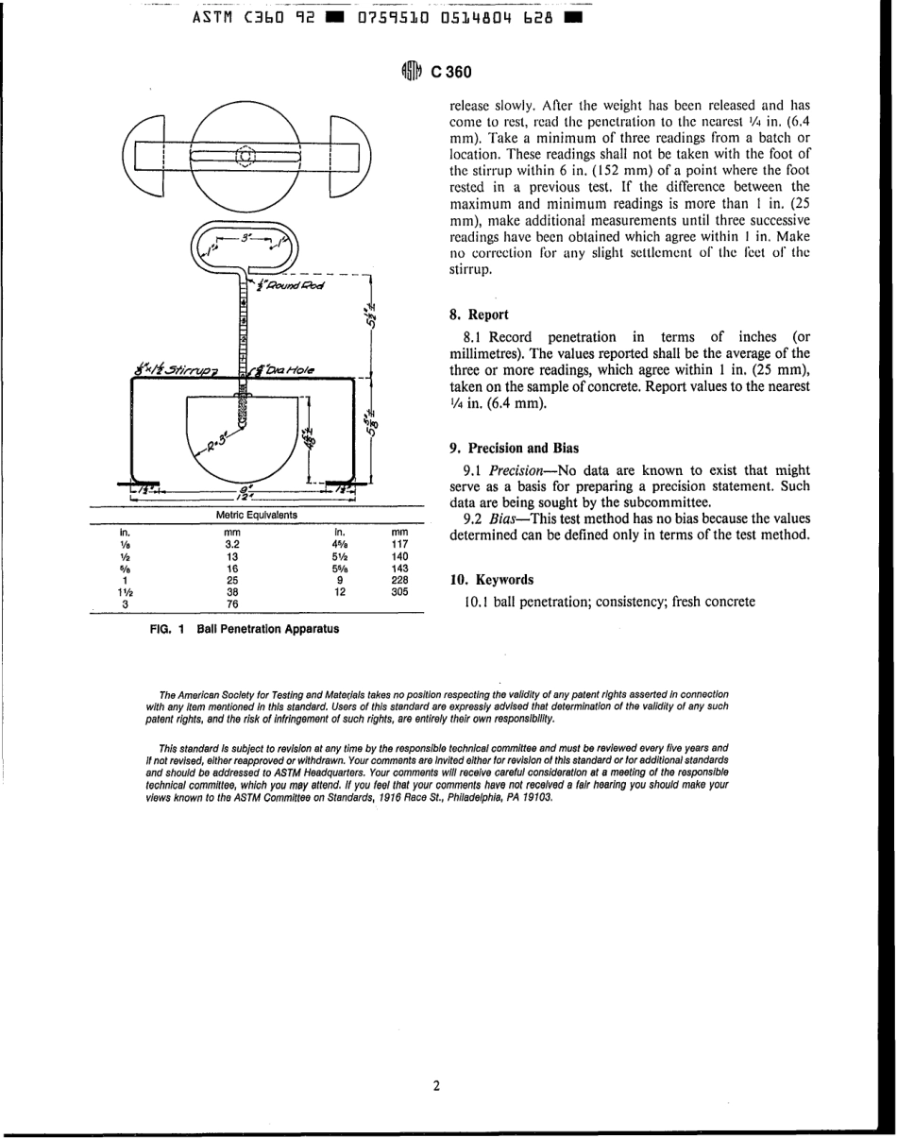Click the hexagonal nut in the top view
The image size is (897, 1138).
245,155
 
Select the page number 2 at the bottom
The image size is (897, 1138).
436,1086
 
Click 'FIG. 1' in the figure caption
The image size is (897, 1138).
167,629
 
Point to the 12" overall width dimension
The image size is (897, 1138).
244,492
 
